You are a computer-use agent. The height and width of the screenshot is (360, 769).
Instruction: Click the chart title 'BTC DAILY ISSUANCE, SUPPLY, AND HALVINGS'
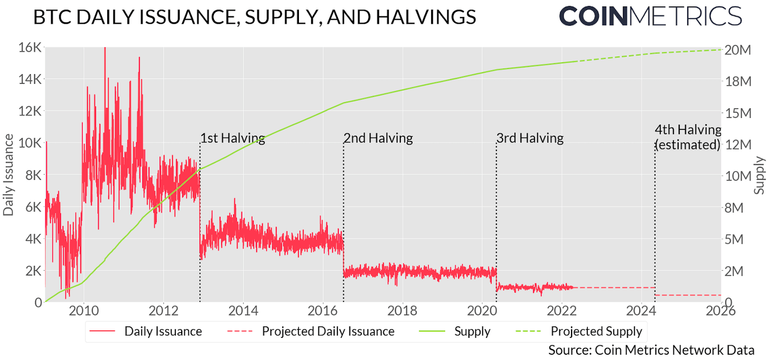[254, 17]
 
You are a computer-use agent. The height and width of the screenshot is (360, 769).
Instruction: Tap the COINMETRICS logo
[650, 16]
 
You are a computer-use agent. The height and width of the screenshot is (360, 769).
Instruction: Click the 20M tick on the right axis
[738, 50]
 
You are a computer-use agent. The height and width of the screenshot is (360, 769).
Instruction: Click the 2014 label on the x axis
[243, 310]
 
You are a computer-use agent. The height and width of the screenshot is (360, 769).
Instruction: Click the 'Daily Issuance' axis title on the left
[9, 175]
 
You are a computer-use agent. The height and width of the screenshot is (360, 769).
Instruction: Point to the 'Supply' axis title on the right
[759, 175]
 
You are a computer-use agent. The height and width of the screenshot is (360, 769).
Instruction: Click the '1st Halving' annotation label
[232, 138]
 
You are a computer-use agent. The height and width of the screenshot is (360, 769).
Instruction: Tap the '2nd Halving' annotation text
[378, 138]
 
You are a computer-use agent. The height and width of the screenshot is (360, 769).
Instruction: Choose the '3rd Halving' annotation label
[530, 138]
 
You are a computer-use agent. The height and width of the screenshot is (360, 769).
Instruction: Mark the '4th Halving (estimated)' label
[688, 137]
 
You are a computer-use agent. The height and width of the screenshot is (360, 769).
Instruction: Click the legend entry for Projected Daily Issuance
[328, 331]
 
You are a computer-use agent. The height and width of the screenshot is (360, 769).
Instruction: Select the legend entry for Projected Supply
[596, 331]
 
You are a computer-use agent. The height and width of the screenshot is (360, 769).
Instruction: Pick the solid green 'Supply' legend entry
[472, 331]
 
